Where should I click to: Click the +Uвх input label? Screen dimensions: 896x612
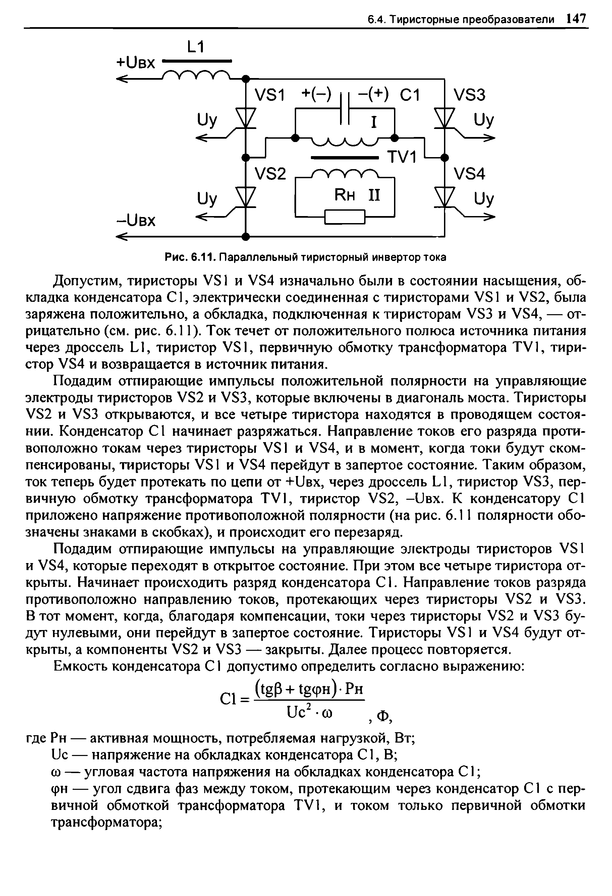click(135, 62)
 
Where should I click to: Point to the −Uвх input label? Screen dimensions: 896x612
click(135, 221)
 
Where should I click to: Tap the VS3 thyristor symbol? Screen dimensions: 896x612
click(445, 115)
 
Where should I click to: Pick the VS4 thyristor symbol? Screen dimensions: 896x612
click(445, 196)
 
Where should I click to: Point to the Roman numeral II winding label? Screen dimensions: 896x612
click(373, 195)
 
